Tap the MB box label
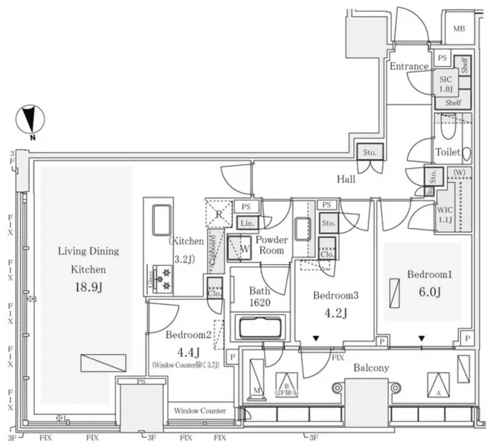459,29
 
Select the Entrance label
409,66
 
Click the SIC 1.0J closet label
446,84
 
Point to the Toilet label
447,152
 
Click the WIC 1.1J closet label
445,215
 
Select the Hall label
346,179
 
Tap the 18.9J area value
88,287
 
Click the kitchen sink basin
162,220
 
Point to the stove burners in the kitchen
166,278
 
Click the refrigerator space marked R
219,214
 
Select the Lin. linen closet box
247,223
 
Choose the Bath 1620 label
260,297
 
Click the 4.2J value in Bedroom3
336,313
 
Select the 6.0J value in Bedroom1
429,292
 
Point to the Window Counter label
200,411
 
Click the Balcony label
371,368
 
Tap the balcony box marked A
438,384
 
